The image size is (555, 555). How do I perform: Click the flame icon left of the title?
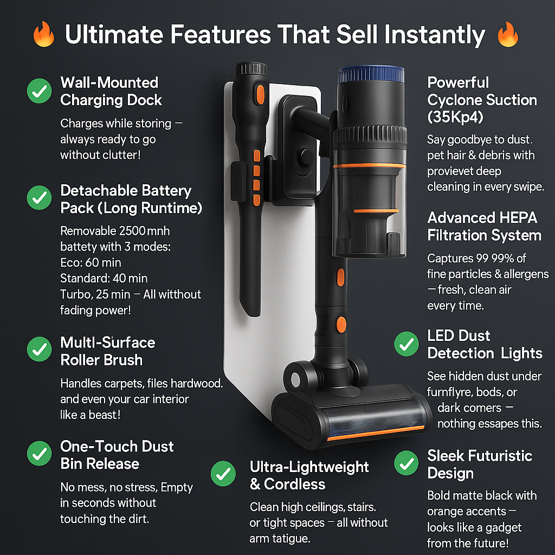(43, 34)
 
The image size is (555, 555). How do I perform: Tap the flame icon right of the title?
(507, 34)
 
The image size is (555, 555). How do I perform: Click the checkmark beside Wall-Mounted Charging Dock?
(39, 91)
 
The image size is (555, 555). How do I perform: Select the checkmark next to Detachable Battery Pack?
(39, 197)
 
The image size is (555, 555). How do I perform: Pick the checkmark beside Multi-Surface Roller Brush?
(39, 349)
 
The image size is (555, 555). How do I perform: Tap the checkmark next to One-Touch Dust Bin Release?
(39, 454)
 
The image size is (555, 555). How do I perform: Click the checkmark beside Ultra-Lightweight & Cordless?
(223, 474)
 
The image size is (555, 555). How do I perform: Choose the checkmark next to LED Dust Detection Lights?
(406, 344)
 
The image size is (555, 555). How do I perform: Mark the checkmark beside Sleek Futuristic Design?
(406, 463)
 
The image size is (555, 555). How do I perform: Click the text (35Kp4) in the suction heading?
(455, 117)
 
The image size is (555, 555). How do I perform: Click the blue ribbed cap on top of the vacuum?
(371, 74)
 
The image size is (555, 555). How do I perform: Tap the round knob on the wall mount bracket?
(305, 157)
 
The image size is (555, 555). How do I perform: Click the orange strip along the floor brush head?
(376, 433)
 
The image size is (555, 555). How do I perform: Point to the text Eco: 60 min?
(91, 263)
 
